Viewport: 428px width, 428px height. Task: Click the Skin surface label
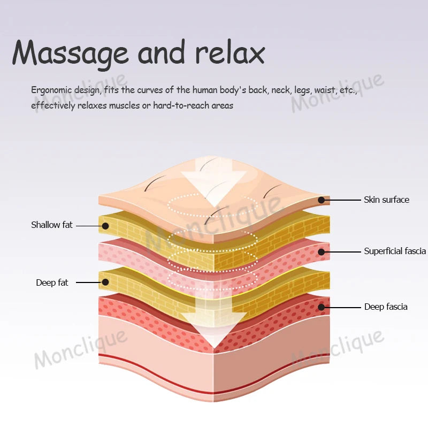pos(386,200)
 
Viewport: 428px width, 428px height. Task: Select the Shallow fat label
pos(51,225)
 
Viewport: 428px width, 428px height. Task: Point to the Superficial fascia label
pos(395,251)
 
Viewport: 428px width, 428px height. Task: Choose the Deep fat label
pos(52,282)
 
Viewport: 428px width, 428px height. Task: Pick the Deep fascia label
pos(386,307)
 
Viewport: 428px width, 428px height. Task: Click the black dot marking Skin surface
pos(322,200)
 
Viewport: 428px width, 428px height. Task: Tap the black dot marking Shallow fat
pos(105,226)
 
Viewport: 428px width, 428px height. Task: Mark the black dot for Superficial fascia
pos(322,251)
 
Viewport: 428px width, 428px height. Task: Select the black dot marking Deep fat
pos(105,282)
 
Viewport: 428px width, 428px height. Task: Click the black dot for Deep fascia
pos(322,307)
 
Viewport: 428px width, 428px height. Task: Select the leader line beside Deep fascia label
pos(342,307)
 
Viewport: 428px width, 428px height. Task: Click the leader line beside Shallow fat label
pos(88,226)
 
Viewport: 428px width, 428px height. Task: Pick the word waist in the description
pos(325,90)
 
